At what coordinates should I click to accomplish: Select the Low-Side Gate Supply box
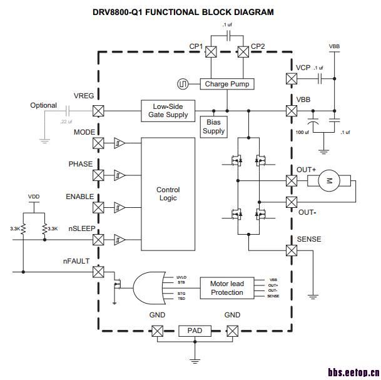[168, 111]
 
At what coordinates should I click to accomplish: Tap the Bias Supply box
[213, 127]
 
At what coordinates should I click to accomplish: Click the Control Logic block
[168, 193]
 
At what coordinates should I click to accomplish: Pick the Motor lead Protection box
[227, 288]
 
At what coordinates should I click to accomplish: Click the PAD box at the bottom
[195, 330]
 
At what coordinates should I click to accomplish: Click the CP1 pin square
[211, 53]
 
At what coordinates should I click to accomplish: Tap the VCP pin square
[291, 78]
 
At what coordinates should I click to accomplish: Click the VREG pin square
[98, 111]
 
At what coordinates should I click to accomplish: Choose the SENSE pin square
[291, 250]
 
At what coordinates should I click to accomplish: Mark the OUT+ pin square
[291, 181]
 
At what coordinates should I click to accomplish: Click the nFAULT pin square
[98, 272]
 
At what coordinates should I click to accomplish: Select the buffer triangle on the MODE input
[119, 143]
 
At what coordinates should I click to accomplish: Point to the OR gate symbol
[151, 289]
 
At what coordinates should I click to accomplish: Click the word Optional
[43, 106]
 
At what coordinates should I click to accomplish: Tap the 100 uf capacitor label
[303, 133]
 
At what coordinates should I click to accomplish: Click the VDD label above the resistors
[34, 197]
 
